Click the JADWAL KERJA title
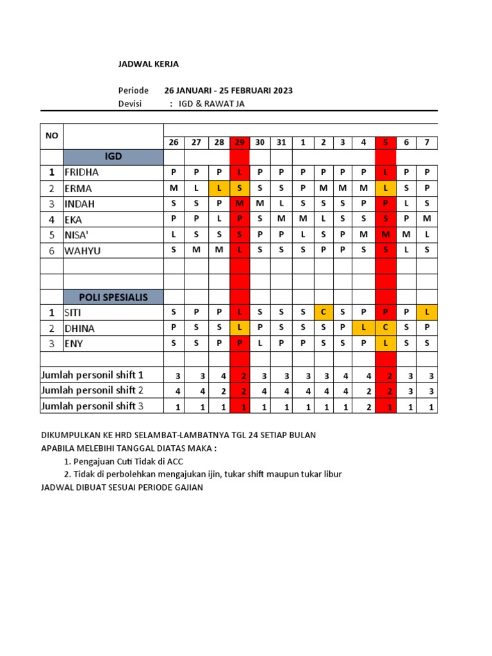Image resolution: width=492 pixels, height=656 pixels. (x=149, y=64)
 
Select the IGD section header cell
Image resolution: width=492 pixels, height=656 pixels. (x=113, y=156)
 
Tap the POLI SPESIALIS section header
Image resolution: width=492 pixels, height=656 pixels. (x=113, y=297)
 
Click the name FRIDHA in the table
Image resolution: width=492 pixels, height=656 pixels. (x=81, y=172)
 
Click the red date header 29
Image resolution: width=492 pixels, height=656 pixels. (x=240, y=142)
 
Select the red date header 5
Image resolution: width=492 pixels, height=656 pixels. (x=386, y=142)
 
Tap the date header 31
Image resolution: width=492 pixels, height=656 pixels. (x=281, y=142)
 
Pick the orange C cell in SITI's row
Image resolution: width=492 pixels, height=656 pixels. (x=324, y=312)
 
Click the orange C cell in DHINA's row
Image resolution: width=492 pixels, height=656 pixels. (x=386, y=328)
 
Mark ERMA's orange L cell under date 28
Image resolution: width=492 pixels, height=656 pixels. (x=219, y=188)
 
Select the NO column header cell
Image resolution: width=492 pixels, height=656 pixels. (x=51, y=136)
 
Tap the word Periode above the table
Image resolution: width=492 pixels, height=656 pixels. (x=133, y=90)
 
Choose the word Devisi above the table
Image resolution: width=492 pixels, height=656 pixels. (x=130, y=104)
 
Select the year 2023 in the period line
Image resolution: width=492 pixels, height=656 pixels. (x=282, y=90)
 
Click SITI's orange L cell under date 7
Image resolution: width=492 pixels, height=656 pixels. (x=427, y=312)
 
